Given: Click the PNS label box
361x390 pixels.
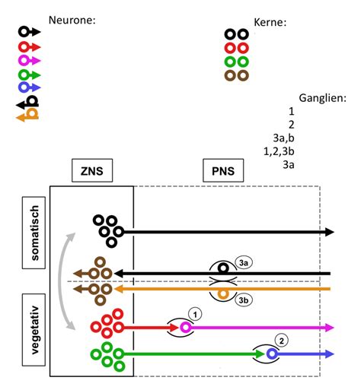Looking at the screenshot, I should click(x=223, y=171).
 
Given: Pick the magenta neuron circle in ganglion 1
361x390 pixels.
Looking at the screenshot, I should click(x=184, y=328).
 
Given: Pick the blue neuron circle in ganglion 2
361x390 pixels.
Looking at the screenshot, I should click(x=271, y=354).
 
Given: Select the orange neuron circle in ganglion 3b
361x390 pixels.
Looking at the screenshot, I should click(x=222, y=293).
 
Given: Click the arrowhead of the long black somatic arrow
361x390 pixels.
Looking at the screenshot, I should click(x=329, y=232).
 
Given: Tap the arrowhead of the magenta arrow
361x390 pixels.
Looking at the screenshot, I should click(x=329, y=328).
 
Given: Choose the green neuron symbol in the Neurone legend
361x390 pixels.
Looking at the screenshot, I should click(x=30, y=74).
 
